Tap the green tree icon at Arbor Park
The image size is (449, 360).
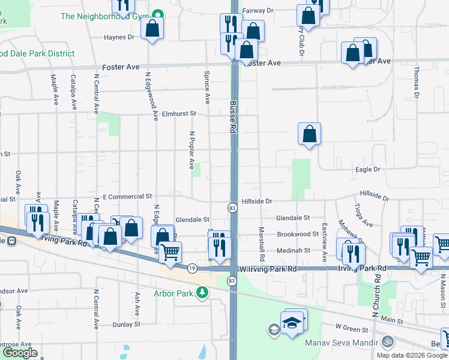(203, 292)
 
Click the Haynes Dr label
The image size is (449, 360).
(119, 37)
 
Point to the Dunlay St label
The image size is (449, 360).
(126, 325)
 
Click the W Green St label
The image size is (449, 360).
(351, 328)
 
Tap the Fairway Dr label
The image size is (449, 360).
(258, 11)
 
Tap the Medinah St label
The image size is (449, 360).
(293, 251)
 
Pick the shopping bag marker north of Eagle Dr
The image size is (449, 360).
(309, 134)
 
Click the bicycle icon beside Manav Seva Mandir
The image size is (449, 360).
(388, 342)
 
